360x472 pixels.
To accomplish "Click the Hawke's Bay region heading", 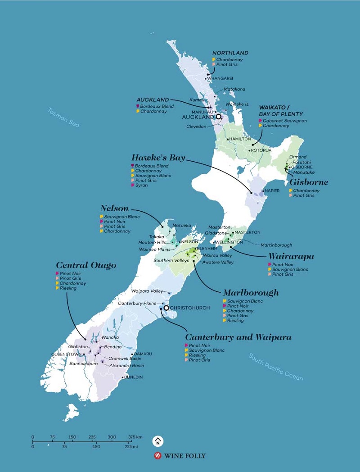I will point(158,158).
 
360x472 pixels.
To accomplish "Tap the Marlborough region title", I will point(251,293).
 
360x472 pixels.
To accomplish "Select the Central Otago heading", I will point(86,265).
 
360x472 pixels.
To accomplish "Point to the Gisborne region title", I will point(309,182).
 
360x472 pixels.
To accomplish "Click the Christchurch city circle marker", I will point(166,308).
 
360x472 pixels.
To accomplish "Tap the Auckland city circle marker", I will point(218,117).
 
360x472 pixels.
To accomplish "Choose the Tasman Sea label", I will point(63,118).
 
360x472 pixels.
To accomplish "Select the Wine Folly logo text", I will point(184,456).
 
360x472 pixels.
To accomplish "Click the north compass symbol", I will point(157,440).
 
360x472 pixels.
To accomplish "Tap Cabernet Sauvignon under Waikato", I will point(285,121).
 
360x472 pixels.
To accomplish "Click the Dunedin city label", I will point(133,377).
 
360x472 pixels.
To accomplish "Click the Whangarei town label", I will point(220,78).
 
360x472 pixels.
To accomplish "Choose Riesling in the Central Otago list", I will point(68,288).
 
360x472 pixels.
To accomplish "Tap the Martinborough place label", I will point(276,245).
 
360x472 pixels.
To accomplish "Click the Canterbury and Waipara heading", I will point(238,337).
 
